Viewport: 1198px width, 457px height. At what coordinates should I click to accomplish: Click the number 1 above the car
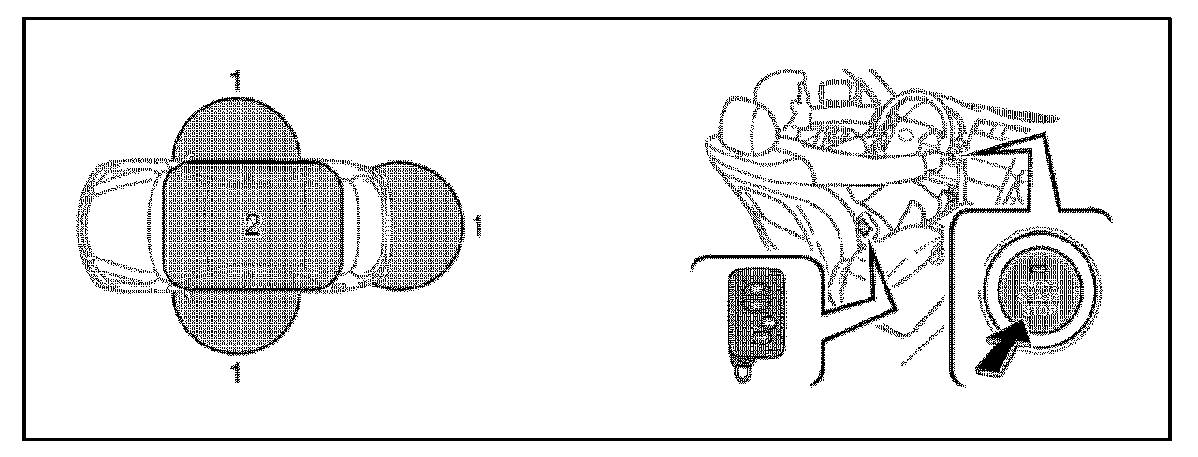(237, 81)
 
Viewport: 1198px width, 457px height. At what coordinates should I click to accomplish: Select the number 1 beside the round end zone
(478, 226)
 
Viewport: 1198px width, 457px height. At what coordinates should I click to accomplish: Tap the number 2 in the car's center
(253, 224)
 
